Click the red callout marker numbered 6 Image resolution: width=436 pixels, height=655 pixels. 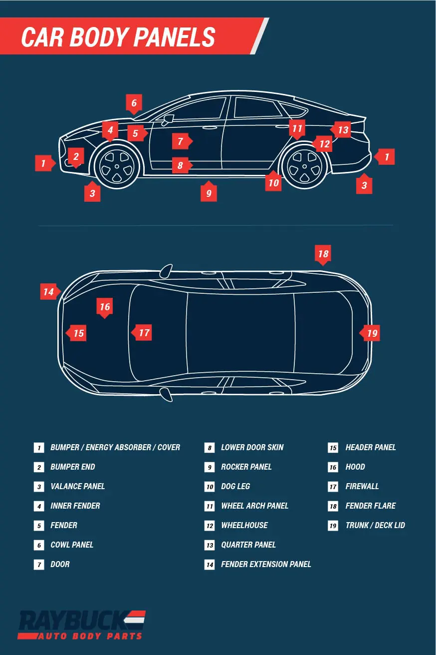coord(134,103)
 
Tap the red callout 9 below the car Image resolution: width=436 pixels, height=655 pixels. coord(209,193)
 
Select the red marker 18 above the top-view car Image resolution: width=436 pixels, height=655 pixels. coord(323,254)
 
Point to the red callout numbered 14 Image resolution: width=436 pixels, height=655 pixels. coord(49,291)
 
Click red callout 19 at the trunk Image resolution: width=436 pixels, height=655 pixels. coord(372,333)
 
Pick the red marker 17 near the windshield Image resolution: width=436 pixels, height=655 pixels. coord(143,333)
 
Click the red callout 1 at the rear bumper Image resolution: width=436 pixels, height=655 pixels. coord(386,157)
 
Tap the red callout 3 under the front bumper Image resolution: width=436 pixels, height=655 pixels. coord(92,193)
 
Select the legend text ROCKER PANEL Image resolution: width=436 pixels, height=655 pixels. coord(246,467)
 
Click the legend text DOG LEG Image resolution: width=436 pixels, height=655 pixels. coord(235,486)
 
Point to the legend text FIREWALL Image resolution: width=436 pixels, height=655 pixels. coord(362,486)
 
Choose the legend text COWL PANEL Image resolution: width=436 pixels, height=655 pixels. coord(72,545)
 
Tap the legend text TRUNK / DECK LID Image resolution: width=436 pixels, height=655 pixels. coord(375,525)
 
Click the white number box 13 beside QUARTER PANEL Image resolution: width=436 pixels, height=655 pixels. coord(209,545)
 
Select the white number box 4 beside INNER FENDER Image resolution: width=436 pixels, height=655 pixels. coord(39,506)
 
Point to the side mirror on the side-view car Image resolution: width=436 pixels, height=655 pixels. coord(167,119)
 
